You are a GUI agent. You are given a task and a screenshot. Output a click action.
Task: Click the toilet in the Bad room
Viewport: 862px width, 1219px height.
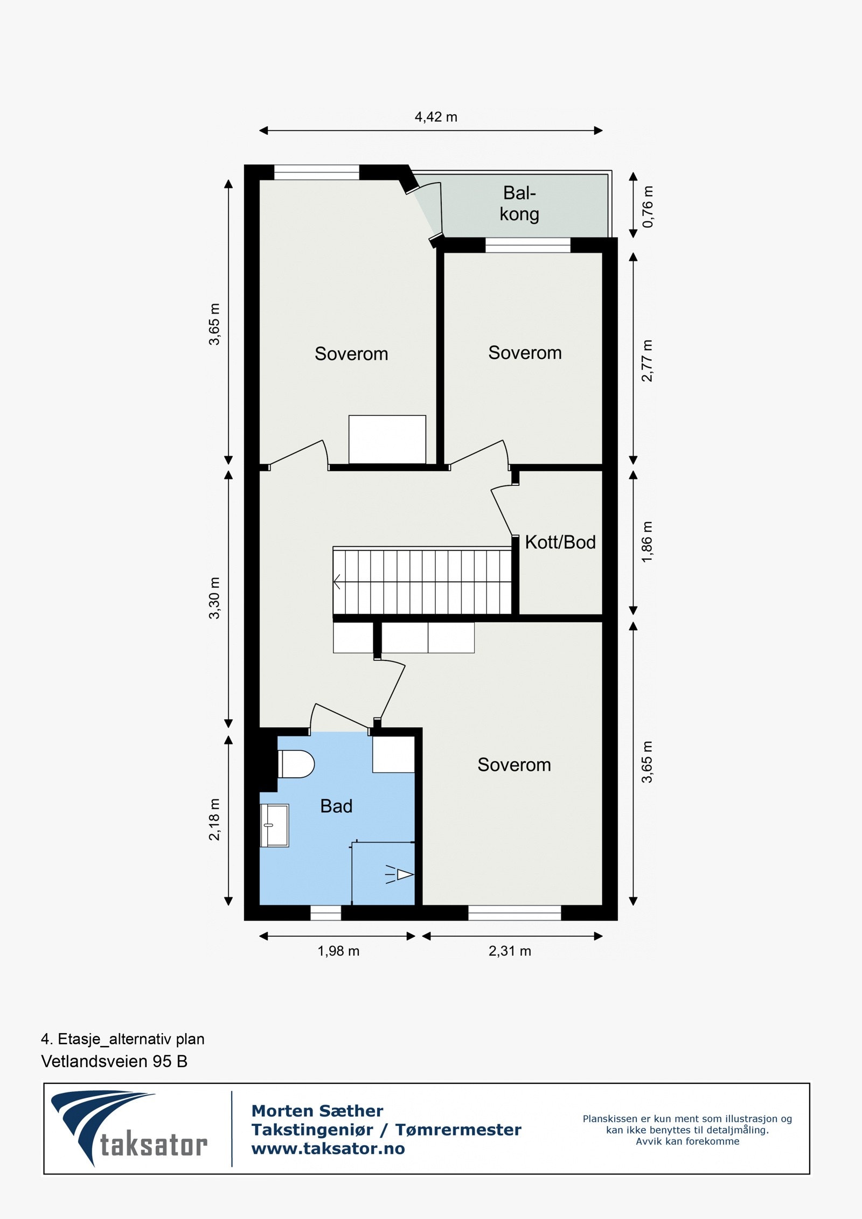coord(296,764)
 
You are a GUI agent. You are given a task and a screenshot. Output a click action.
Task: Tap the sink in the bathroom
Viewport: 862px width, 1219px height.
coord(275,825)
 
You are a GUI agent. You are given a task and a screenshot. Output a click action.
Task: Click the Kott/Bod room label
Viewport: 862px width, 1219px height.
coord(560,542)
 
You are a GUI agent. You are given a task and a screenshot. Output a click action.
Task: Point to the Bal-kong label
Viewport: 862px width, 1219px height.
coord(519,204)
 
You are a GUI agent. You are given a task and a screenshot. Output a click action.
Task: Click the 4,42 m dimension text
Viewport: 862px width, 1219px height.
coord(436,117)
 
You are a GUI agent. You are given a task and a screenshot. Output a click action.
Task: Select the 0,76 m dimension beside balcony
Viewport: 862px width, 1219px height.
coord(648,206)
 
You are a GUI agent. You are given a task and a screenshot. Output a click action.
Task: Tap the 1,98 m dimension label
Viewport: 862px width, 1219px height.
coord(338,951)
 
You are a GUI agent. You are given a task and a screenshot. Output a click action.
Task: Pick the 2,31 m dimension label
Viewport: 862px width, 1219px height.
coord(510,951)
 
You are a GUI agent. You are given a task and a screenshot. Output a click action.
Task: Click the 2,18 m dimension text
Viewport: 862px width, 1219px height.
coord(214,819)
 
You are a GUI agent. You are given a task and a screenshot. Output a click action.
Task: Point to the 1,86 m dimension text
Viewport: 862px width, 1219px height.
coord(648,542)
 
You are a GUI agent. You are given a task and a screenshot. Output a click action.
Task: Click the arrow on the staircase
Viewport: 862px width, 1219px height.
coord(338,582)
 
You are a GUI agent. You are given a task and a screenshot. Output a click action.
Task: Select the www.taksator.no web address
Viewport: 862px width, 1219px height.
coord(328,1148)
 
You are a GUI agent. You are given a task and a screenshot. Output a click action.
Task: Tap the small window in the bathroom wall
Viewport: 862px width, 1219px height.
coord(326,912)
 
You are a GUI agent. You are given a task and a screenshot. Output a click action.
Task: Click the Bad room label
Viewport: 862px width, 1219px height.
coord(336,806)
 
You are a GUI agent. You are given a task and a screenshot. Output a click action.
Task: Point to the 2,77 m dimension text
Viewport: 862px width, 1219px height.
coord(648,360)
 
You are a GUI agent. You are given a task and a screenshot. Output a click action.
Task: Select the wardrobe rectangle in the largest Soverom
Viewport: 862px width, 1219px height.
coord(387,439)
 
